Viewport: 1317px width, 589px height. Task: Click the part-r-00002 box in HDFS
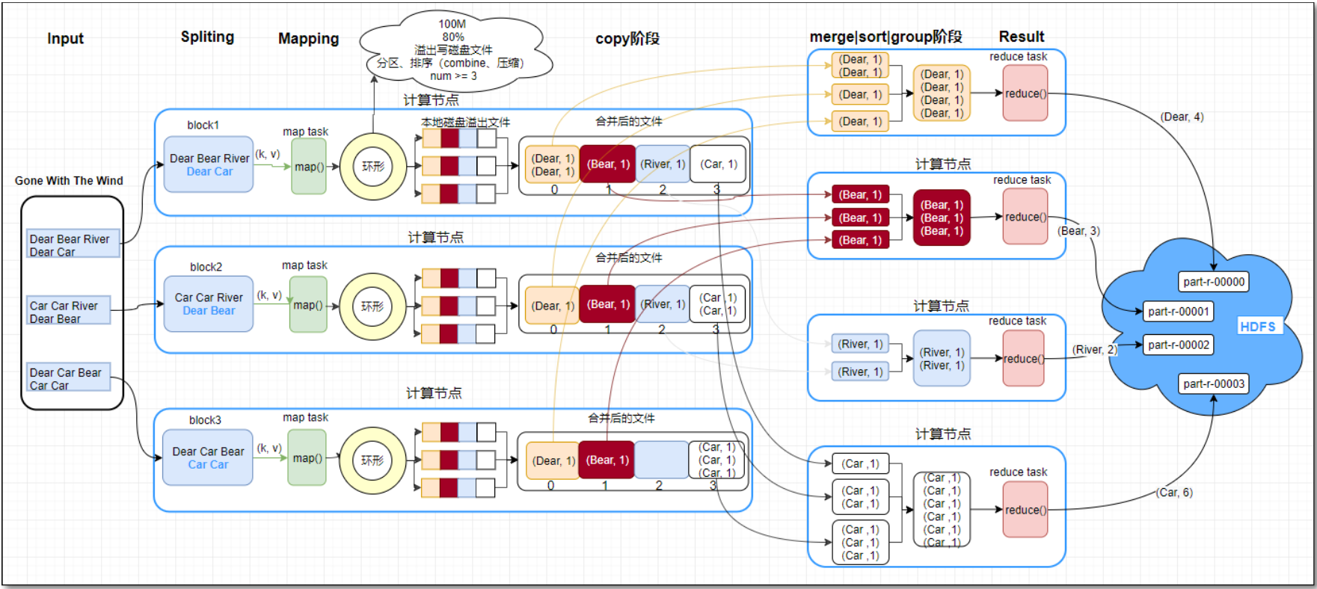click(1178, 345)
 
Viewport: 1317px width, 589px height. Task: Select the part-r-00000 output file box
click(1213, 282)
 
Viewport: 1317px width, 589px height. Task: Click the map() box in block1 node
click(308, 167)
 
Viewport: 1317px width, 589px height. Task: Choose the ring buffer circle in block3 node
click(372, 460)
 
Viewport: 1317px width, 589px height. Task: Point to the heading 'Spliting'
click(207, 37)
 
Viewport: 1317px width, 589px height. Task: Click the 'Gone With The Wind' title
click(69, 181)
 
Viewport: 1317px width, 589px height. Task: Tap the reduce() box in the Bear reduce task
click(1025, 217)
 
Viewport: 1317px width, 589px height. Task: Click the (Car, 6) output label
click(1174, 493)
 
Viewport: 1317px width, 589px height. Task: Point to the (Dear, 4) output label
click(1182, 117)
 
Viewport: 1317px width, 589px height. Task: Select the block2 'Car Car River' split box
click(209, 303)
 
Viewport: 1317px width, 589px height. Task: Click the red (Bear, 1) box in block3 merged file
click(607, 460)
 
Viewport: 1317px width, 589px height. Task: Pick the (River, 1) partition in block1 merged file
click(663, 164)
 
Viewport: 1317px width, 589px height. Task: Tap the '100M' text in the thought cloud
click(452, 24)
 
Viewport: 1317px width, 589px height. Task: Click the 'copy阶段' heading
click(627, 38)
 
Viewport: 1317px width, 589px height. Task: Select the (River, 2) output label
click(1093, 350)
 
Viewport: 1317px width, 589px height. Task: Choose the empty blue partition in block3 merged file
click(660, 460)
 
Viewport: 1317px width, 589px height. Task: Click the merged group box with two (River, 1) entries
click(942, 359)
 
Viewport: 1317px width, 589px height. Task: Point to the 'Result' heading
click(1021, 37)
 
